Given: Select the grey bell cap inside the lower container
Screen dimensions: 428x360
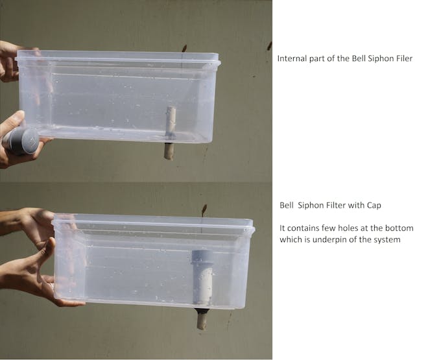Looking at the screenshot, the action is tap(202, 276).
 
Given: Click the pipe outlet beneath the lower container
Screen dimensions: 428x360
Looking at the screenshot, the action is tap(202, 318).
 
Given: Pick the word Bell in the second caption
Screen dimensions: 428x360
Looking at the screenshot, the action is tap(287, 205).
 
